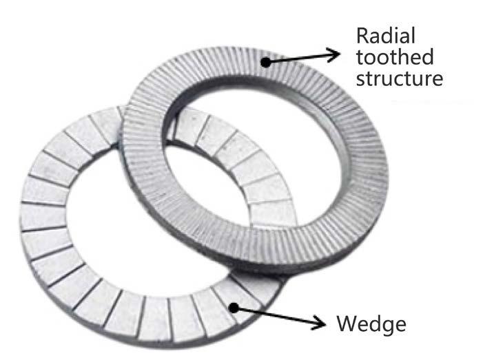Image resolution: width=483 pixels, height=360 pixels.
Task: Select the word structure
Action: click(x=398, y=78)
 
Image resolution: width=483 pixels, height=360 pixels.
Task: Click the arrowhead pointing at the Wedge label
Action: click(x=321, y=321)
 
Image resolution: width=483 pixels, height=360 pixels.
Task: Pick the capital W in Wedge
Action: click(x=345, y=322)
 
